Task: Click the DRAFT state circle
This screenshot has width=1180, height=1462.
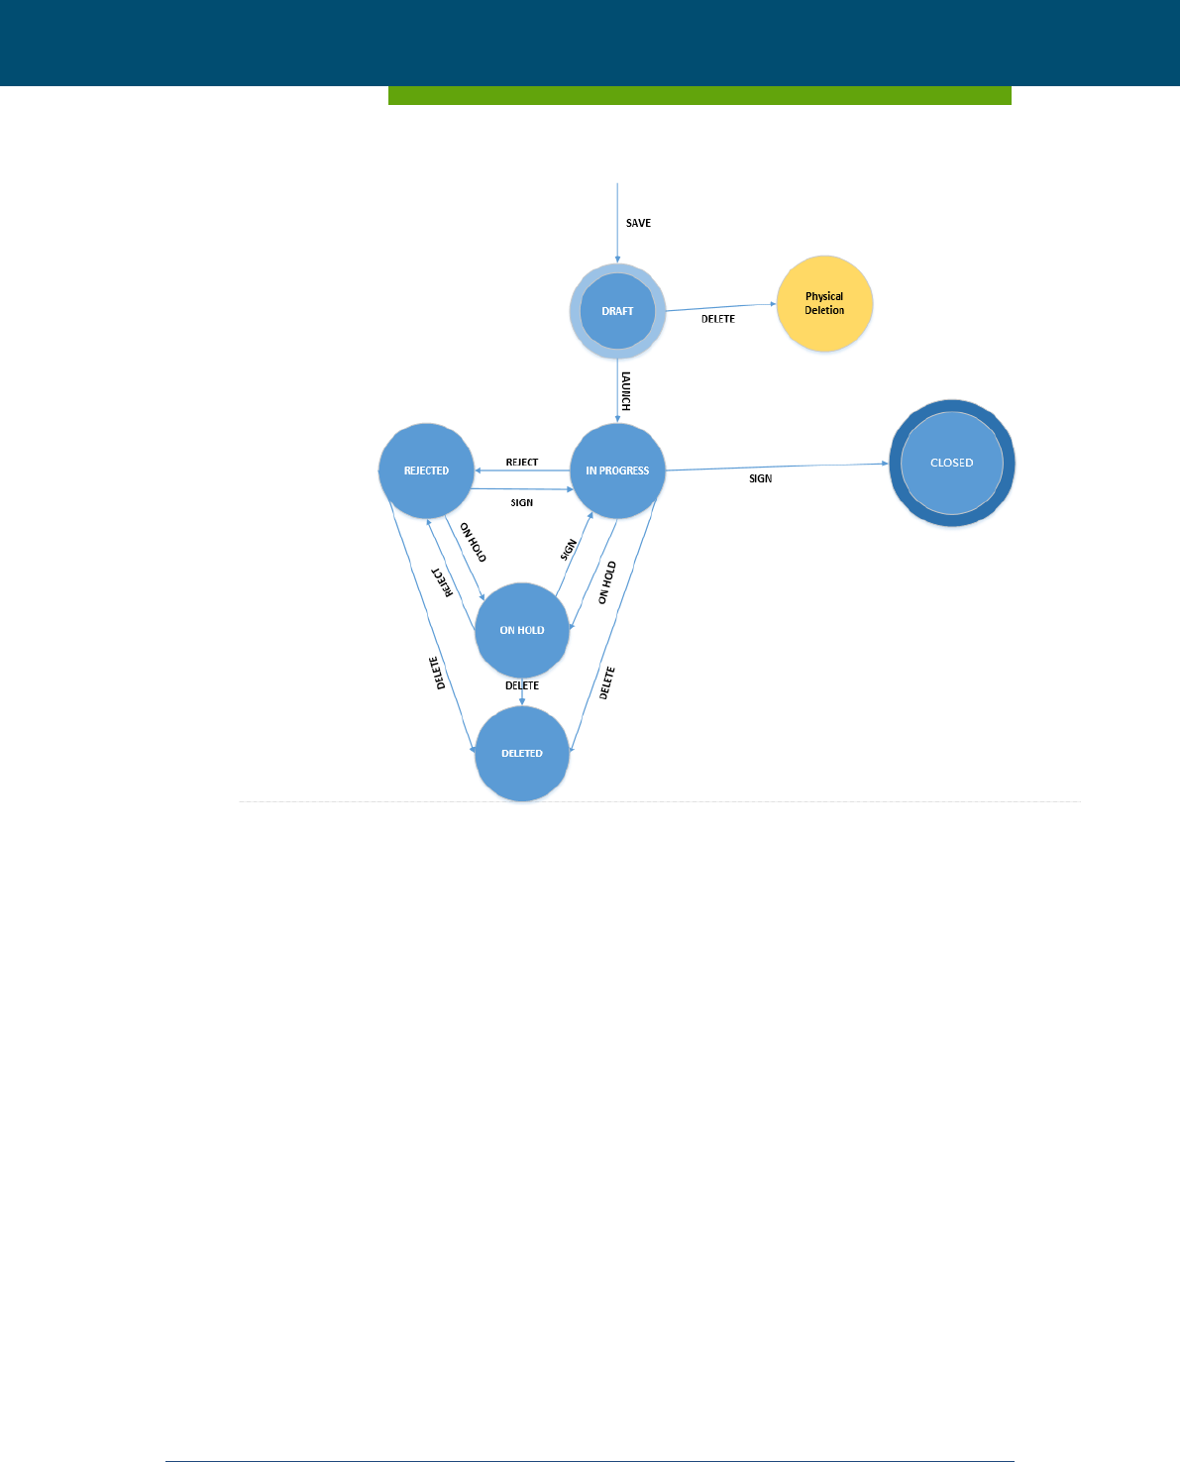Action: coord(617,311)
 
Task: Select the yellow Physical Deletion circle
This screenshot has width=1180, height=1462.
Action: coord(824,304)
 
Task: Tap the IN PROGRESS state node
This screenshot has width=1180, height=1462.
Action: coord(617,470)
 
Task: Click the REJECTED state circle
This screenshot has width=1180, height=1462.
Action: coord(426,470)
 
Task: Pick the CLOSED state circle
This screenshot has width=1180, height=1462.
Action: coord(951,463)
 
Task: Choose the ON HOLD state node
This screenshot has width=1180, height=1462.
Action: coord(522,630)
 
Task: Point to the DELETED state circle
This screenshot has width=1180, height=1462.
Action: coord(522,754)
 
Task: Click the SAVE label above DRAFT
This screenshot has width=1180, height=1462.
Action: coord(638,223)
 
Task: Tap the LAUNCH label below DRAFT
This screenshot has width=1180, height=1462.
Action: coord(625,391)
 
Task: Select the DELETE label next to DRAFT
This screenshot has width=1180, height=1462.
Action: coord(718,319)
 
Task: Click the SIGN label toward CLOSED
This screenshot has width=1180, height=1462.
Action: coord(760,478)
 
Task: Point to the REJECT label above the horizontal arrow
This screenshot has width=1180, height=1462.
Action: coord(522,463)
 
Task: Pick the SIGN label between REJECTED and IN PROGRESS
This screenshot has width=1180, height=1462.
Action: coord(522,503)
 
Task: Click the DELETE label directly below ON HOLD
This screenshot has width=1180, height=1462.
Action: coord(522,685)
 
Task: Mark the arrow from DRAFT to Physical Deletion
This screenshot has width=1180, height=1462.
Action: coord(721,307)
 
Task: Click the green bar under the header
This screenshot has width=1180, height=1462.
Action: coord(699,95)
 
